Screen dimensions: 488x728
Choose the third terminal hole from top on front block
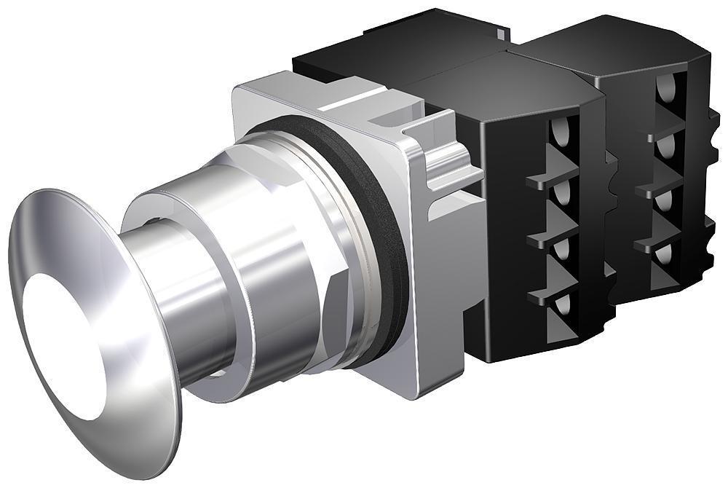coord(559,251)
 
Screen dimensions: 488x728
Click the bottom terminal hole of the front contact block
coord(557,306)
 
